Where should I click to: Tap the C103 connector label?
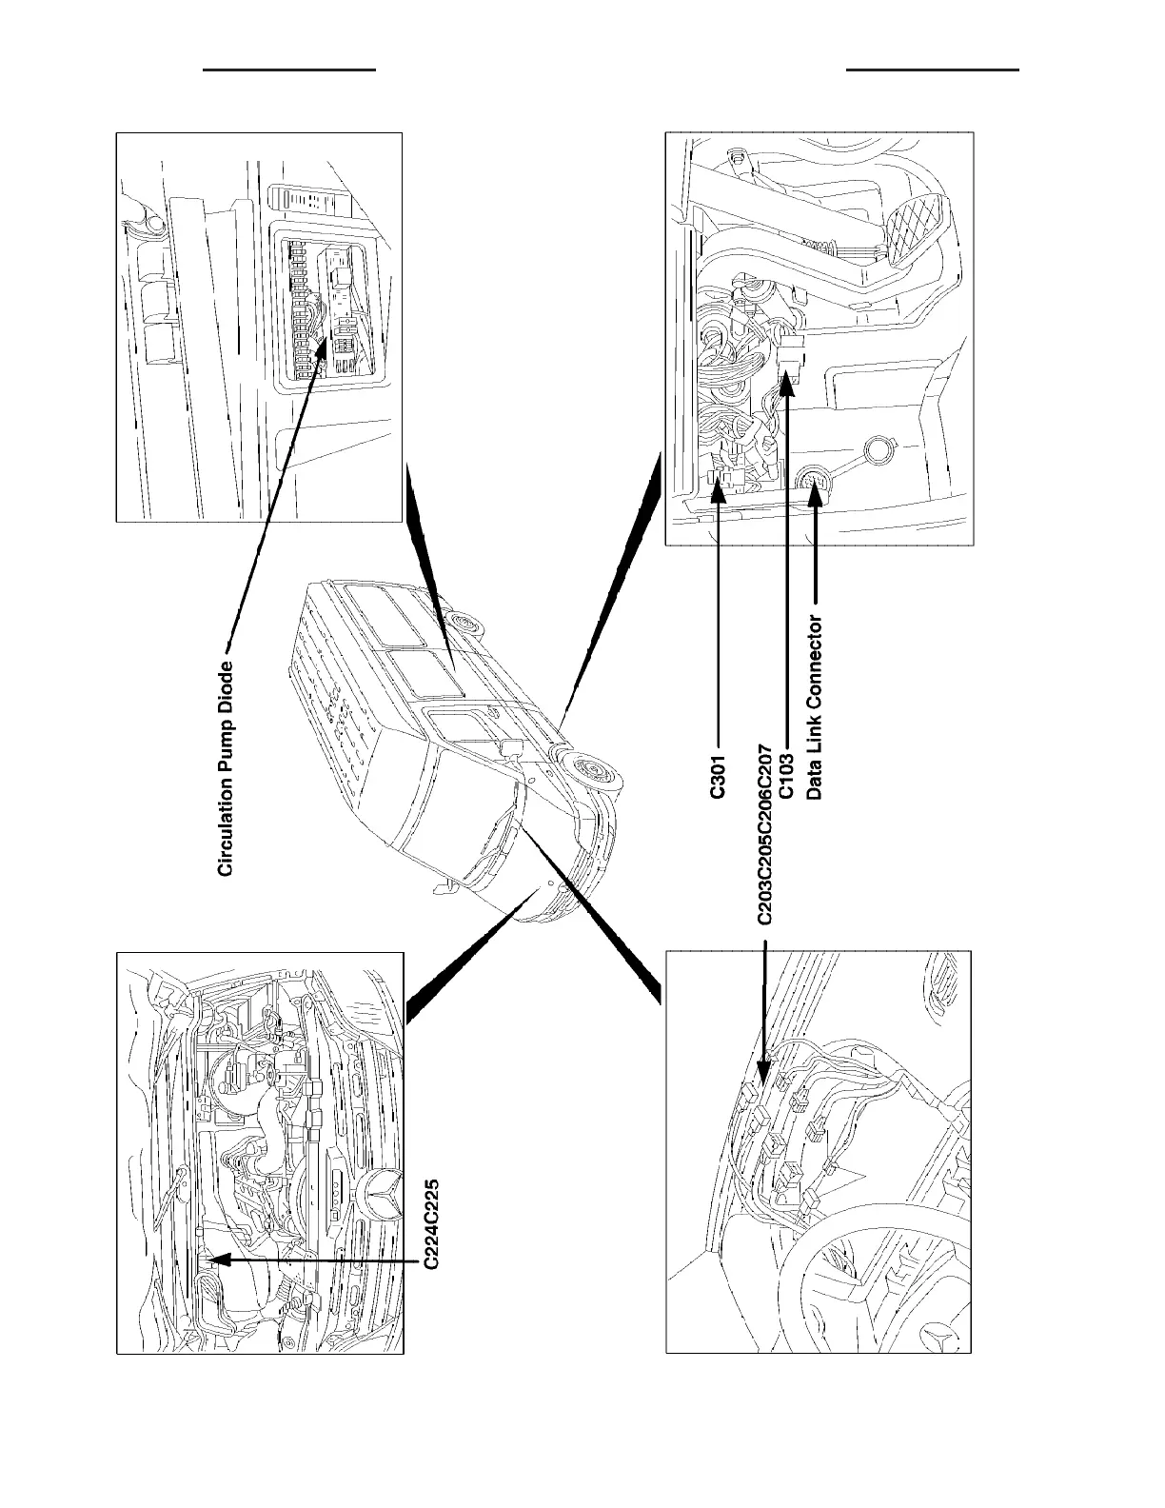click(x=786, y=777)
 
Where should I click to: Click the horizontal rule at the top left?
click(x=291, y=69)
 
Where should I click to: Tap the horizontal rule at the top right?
click(x=933, y=69)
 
